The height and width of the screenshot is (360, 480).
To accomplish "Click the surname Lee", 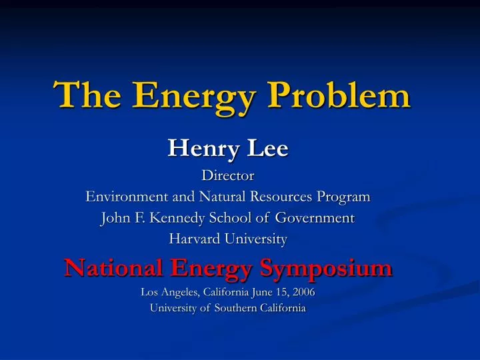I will coord(267,147).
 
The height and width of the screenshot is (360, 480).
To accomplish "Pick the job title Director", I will coord(228,177).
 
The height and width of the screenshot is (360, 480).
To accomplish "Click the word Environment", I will coord(127,197).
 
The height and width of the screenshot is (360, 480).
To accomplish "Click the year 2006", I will coord(303,292).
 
